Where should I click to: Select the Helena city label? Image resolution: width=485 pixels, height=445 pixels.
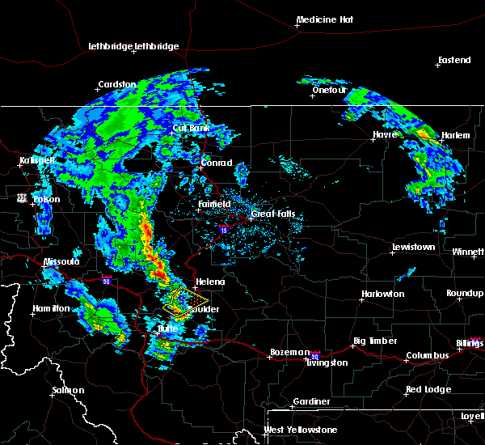tap(209, 282)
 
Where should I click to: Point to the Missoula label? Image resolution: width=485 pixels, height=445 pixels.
tap(61, 261)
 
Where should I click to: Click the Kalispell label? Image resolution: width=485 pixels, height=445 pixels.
tap(38, 160)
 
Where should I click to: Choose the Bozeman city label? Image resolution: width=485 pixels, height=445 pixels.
tap(289, 352)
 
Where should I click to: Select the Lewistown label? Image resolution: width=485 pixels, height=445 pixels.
tap(414, 247)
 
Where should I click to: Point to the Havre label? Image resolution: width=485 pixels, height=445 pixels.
tap(386, 134)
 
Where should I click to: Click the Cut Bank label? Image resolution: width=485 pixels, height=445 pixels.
tap(191, 128)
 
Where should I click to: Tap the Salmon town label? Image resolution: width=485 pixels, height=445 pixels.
tap(68, 390)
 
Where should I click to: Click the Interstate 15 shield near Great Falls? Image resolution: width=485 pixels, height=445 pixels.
tap(223, 230)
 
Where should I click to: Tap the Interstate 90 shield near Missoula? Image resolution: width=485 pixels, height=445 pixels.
tap(107, 281)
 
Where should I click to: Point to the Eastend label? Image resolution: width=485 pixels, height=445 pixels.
tap(453, 61)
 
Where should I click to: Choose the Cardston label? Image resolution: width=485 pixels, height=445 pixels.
tap(116, 84)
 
